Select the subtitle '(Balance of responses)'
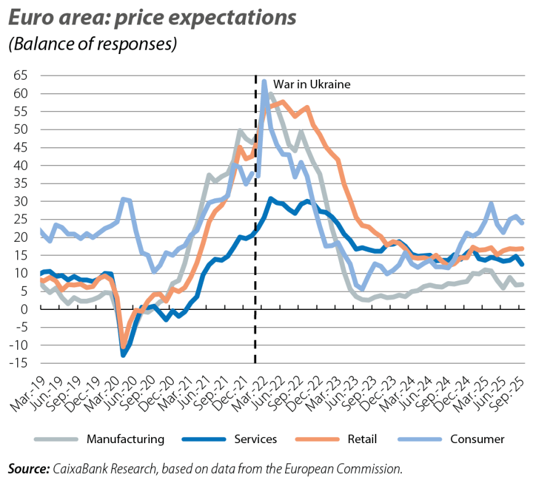92,45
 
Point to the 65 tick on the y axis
22,76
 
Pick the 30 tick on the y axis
22,202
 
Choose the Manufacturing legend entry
125,439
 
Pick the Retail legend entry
361,439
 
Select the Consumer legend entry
477,439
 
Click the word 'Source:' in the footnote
28,469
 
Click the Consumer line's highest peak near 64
264,81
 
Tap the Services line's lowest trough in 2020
124,354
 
